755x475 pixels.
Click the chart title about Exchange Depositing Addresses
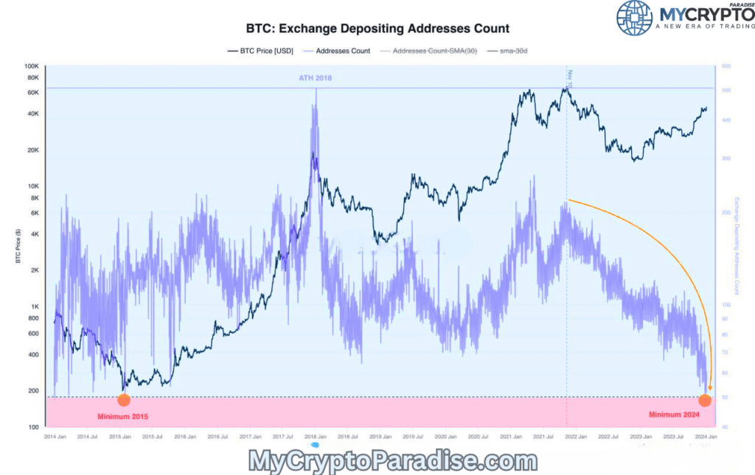[377, 29]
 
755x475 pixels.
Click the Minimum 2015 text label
[122, 417]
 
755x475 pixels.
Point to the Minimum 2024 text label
[673, 415]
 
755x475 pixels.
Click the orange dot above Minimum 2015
[123, 400]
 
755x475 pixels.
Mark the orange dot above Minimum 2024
[705, 400]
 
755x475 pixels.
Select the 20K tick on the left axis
[32, 150]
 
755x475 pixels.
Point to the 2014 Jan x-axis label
[54, 437]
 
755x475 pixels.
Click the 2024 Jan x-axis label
[706, 437]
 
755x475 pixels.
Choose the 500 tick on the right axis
[726, 91]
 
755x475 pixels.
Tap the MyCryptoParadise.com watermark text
[394, 462]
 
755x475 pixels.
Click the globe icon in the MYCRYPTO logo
[634, 18]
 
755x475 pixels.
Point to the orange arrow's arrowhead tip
[710, 390]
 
